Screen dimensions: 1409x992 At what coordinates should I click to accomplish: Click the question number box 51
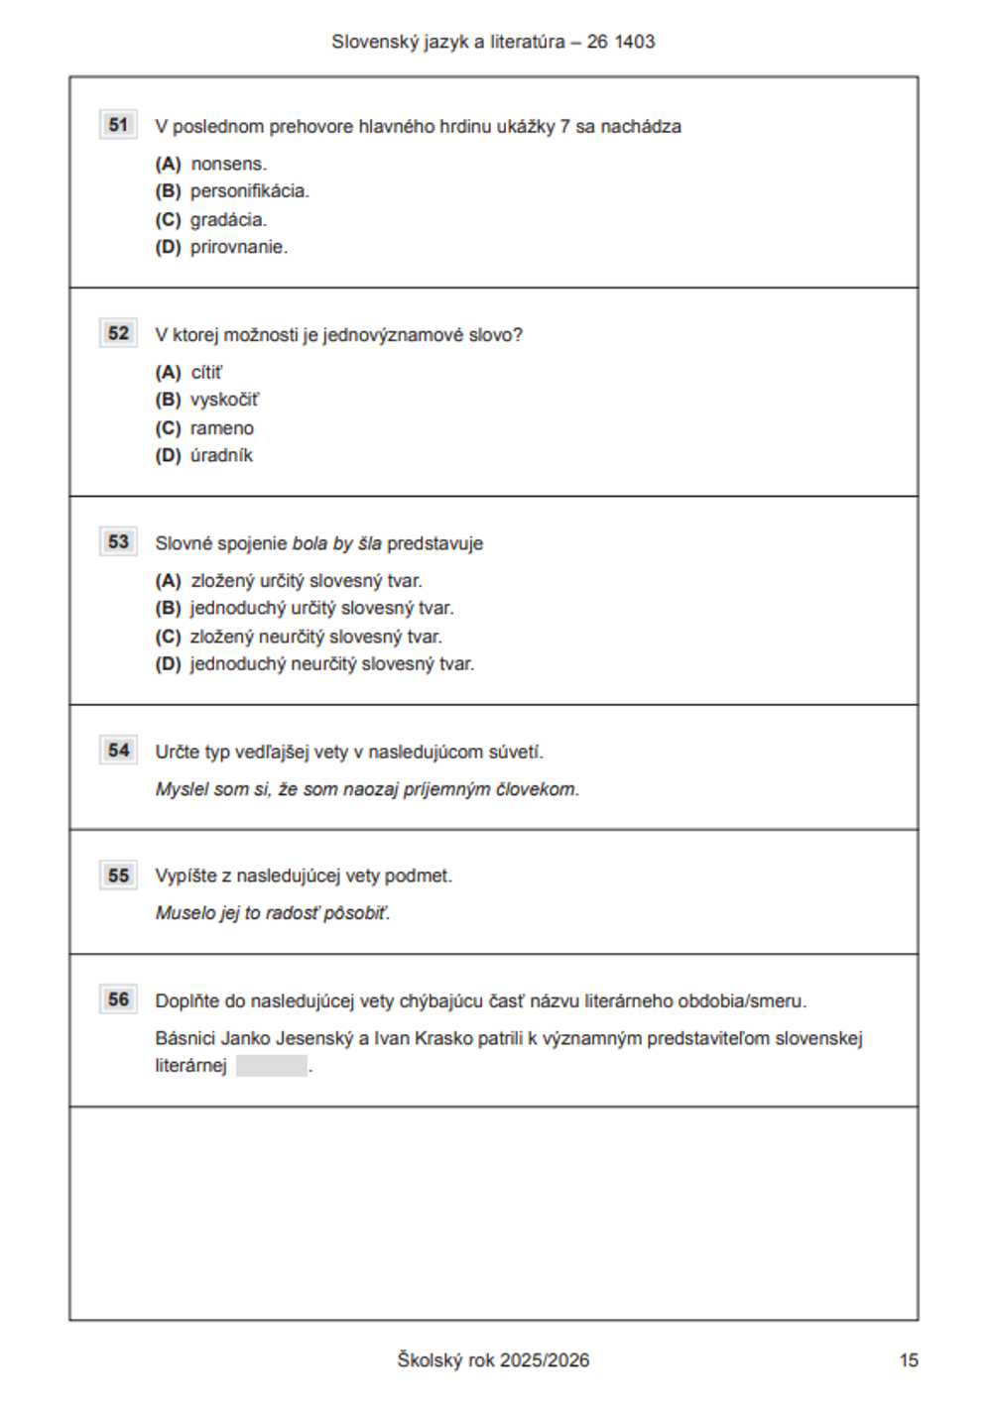point(118,125)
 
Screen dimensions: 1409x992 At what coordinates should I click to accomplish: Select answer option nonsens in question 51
point(228,164)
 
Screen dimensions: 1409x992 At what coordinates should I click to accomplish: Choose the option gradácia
point(228,219)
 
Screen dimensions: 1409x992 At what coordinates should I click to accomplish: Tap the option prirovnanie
point(238,247)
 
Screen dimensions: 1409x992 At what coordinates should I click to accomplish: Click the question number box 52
point(118,333)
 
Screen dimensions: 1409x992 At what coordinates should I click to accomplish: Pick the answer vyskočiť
point(224,400)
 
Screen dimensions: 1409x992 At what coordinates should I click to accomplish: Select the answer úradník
point(221,455)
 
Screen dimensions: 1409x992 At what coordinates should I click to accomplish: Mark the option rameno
point(222,428)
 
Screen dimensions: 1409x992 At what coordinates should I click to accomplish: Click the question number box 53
point(118,541)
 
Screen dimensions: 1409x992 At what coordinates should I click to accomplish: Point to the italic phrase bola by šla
point(336,543)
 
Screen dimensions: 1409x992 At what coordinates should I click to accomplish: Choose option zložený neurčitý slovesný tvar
point(315,637)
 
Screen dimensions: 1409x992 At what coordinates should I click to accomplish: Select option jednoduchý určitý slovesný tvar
point(321,608)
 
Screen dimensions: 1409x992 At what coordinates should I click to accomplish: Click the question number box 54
point(118,751)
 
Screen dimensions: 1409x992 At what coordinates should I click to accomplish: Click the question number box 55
point(118,876)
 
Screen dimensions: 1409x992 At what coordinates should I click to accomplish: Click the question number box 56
point(118,999)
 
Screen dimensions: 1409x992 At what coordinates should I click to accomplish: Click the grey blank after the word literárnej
point(272,1067)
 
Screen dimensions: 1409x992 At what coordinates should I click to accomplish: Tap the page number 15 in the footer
point(909,1360)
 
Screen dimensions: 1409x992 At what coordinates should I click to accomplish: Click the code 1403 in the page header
point(635,42)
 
